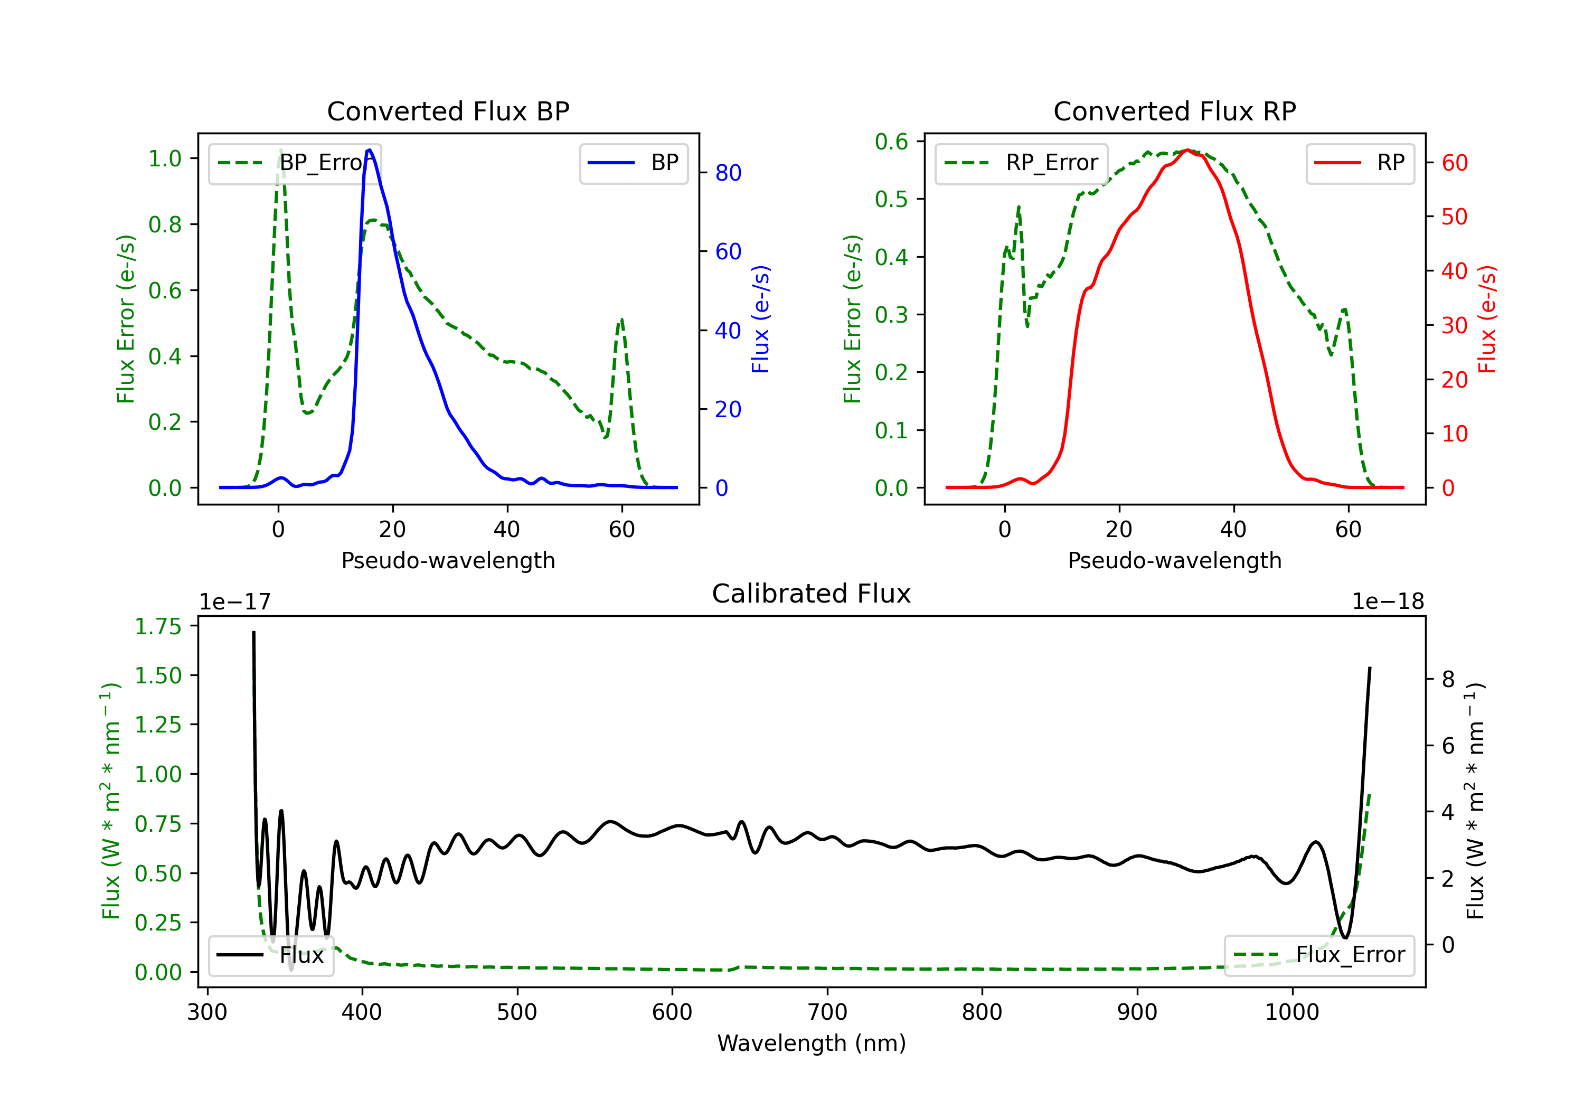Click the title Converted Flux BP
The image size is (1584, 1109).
tap(448, 111)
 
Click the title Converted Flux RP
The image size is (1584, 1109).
tap(1175, 111)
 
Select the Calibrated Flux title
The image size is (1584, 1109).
tap(812, 594)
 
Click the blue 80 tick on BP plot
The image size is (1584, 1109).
tap(728, 173)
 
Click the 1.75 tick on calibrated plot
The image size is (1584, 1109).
tap(158, 627)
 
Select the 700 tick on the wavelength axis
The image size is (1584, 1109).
tap(827, 1012)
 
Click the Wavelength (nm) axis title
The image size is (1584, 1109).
tap(812, 1043)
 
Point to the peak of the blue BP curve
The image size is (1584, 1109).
tap(370, 150)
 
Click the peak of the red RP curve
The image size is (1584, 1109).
tap(1187, 150)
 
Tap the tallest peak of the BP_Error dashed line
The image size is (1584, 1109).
tap(280, 150)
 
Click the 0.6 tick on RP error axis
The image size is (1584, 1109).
tap(891, 142)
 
